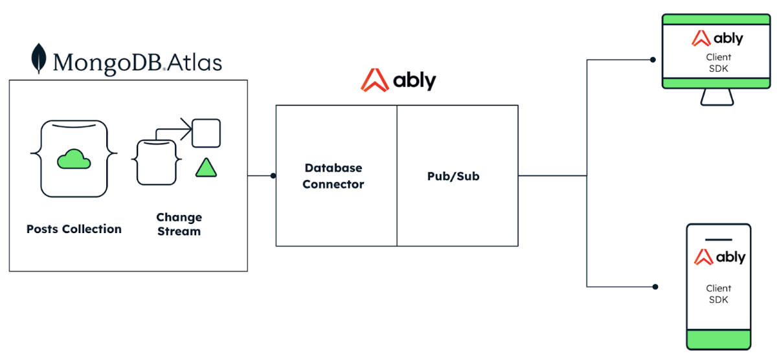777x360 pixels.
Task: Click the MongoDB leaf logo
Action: (39, 58)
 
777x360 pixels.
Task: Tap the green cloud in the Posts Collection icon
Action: (73, 158)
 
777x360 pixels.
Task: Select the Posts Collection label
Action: (74, 229)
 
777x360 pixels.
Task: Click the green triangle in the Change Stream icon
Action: (207, 168)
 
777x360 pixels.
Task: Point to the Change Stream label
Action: (179, 224)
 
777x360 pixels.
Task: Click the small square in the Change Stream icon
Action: (207, 133)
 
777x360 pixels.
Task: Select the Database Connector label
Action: (333, 176)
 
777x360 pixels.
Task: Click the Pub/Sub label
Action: (453, 176)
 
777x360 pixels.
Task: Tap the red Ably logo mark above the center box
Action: (374, 80)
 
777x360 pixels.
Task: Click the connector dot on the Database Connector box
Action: (273, 175)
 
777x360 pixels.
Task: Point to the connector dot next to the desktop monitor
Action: (653, 60)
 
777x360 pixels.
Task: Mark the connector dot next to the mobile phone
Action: (655, 286)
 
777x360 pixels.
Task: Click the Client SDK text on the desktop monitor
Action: (718, 62)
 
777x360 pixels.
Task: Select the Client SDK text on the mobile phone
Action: (719, 294)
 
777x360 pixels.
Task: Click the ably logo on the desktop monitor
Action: (717, 38)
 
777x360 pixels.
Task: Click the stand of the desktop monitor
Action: (717, 97)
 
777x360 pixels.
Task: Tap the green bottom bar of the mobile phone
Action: (719, 339)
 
